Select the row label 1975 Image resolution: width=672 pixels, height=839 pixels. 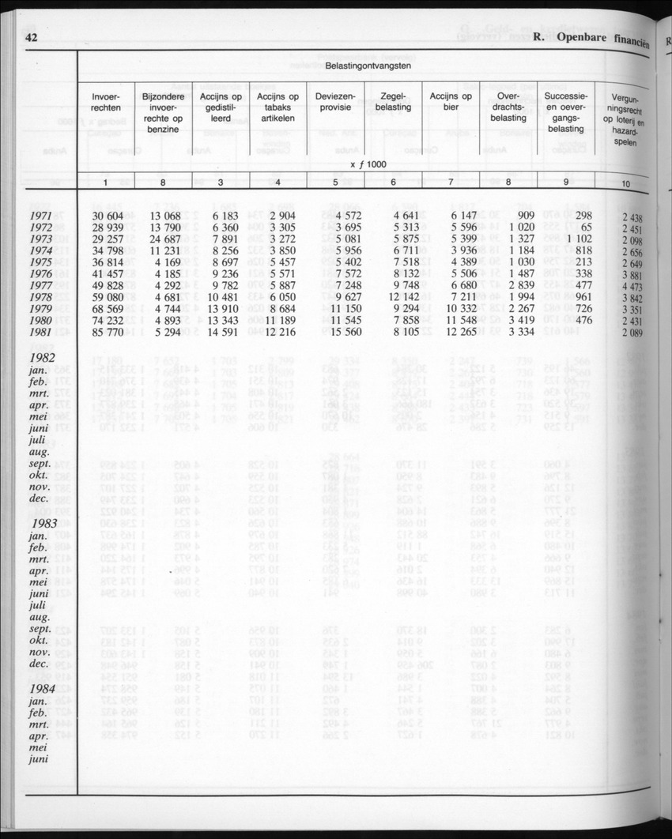[41, 262]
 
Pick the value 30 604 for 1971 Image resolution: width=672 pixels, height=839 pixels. [109, 216]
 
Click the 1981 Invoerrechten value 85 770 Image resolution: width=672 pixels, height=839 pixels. [109, 333]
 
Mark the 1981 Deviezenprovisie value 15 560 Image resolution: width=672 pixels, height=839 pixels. [340, 333]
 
